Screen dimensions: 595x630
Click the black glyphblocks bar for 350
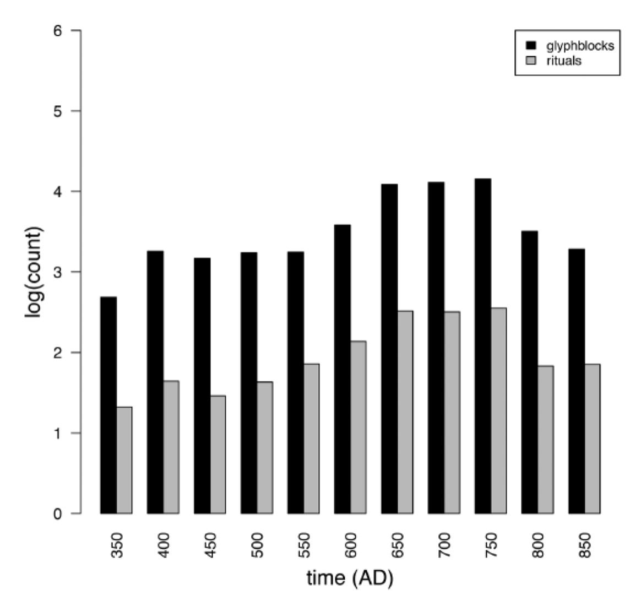tap(108, 405)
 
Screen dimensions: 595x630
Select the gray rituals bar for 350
tap(124, 460)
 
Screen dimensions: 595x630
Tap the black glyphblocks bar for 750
tap(483, 346)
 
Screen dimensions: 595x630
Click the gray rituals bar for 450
tap(218, 455)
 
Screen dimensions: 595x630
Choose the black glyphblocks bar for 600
tap(343, 369)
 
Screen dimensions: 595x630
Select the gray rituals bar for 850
tap(593, 439)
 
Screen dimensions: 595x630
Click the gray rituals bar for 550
tap(312, 439)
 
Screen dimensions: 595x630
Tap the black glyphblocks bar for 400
tap(155, 382)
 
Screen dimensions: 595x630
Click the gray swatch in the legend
tap(531, 61)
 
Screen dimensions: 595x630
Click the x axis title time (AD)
tap(350, 578)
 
